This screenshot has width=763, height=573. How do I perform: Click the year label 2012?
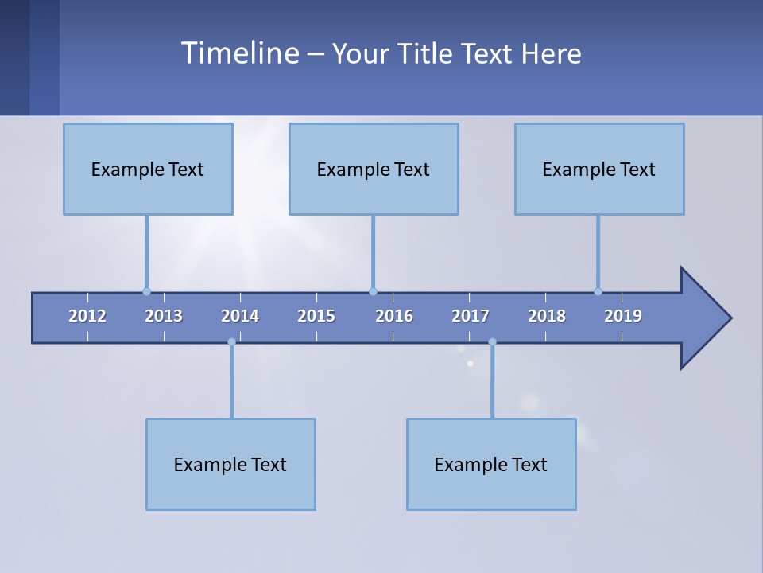pyautogui.click(x=87, y=316)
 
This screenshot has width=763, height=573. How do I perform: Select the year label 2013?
pyautogui.click(x=164, y=316)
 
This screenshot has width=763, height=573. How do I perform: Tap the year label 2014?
pyautogui.click(x=240, y=316)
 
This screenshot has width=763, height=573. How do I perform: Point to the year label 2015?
pyautogui.click(x=316, y=316)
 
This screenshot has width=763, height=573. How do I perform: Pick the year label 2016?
pyautogui.click(x=394, y=316)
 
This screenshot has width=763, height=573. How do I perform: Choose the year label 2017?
pyautogui.click(x=471, y=316)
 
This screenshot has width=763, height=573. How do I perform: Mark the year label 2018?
pyautogui.click(x=547, y=316)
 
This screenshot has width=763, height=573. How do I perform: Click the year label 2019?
pyautogui.click(x=623, y=316)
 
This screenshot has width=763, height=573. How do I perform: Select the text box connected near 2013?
pyautogui.click(x=148, y=170)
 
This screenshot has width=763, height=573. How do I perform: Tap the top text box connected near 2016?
pyautogui.click(x=374, y=170)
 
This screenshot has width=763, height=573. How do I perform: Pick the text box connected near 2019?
pyautogui.click(x=599, y=170)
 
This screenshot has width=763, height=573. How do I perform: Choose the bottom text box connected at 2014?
pyautogui.click(x=230, y=465)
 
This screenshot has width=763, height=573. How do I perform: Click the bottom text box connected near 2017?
pyautogui.click(x=491, y=465)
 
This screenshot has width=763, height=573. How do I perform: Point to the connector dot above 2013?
pyautogui.click(x=146, y=291)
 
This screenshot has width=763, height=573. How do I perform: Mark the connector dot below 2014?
pyautogui.click(x=231, y=342)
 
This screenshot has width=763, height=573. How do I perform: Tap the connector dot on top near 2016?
pyautogui.click(x=373, y=291)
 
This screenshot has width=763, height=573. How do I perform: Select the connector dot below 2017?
pyautogui.click(x=492, y=342)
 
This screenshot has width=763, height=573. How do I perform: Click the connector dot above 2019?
pyautogui.click(x=598, y=291)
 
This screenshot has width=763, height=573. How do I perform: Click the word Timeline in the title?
pyautogui.click(x=239, y=53)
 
